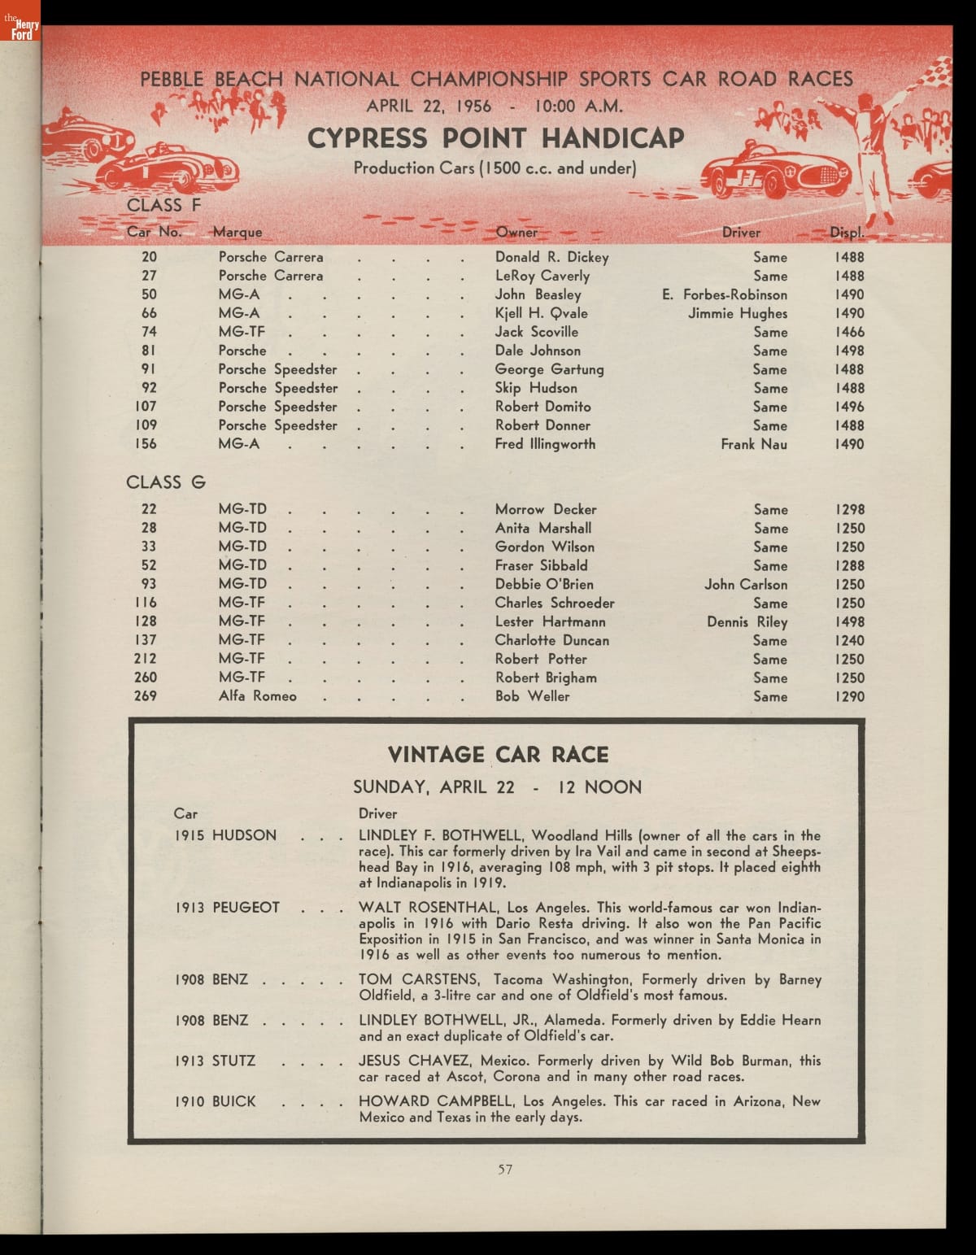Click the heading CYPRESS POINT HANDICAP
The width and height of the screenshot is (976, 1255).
495,138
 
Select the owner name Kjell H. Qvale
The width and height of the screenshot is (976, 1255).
541,313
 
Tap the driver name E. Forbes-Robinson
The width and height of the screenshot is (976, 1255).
725,294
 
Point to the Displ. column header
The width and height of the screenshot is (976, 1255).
847,233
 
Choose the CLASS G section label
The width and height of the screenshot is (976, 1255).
166,482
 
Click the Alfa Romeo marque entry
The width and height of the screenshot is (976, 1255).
257,696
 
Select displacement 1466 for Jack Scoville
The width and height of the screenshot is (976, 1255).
849,332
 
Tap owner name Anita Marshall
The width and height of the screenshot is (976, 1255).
543,528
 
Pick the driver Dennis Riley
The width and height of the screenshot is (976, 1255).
747,622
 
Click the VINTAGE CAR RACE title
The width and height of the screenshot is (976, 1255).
498,755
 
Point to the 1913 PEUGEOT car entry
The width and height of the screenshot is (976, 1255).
227,908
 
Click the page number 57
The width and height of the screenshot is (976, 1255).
505,1170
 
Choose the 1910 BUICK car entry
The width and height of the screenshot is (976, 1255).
216,1101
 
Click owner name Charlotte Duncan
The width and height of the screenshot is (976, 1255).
551,640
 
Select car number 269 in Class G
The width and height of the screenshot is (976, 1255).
145,696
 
